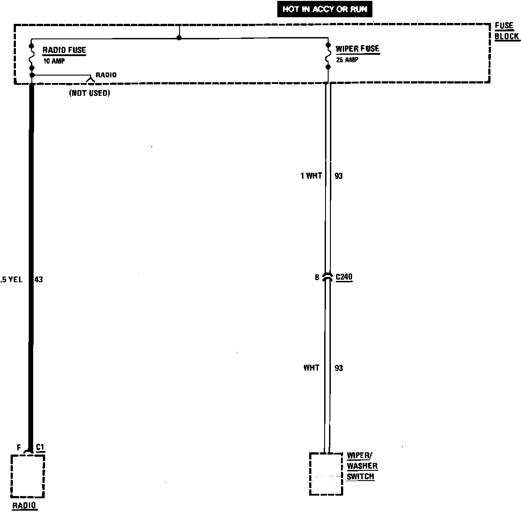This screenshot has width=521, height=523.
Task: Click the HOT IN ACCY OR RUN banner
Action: (325, 9)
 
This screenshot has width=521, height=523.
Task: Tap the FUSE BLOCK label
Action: (506, 31)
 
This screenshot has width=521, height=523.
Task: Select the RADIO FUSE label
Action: (64, 50)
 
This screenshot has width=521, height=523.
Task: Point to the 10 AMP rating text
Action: (54, 61)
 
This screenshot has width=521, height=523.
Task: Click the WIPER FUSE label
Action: (357, 49)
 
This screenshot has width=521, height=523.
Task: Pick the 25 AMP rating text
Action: (347, 60)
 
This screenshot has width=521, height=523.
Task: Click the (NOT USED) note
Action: (89, 93)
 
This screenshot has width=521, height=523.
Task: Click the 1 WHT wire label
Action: (311, 176)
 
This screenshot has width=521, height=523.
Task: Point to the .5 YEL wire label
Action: (11, 280)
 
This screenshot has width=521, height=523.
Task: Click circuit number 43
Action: (39, 280)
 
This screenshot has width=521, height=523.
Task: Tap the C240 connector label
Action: (344, 277)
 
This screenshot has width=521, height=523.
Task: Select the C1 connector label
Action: (40, 447)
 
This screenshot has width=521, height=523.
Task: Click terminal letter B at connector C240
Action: (317, 278)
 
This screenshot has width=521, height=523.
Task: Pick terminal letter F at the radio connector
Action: (19, 448)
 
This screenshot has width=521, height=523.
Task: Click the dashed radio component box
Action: (27, 476)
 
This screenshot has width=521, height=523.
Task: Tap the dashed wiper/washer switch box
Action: (326, 474)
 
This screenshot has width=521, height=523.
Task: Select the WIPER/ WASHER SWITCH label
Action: (362, 466)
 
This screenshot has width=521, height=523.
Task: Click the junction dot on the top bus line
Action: (179, 38)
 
